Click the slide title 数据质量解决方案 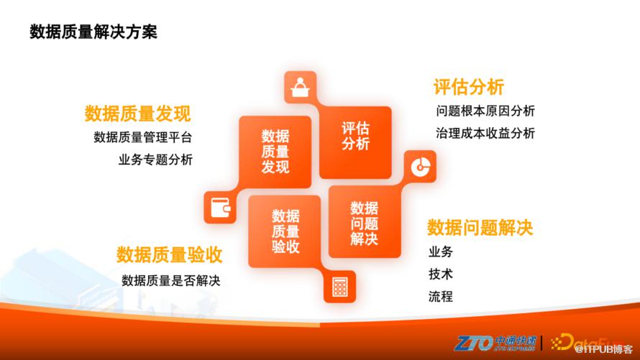click(93, 32)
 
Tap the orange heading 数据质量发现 click(137, 114)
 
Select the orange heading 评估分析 click(469, 87)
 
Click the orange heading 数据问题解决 click(480, 228)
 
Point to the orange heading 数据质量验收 click(170, 255)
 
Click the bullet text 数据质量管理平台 click(143, 137)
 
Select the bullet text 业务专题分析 click(155, 160)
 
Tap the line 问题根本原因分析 click(485, 111)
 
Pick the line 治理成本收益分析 click(485, 133)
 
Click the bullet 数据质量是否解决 click(171, 280)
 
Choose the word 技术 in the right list click(441, 274)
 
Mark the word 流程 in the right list click(441, 296)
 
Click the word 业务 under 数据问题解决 click(441, 251)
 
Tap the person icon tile click(301, 87)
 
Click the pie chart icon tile click(421, 166)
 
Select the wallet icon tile click(220, 207)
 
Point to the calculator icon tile click(339, 287)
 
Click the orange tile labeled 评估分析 click(355, 142)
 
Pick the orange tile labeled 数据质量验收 click(285, 231)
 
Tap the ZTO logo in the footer click(495, 343)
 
